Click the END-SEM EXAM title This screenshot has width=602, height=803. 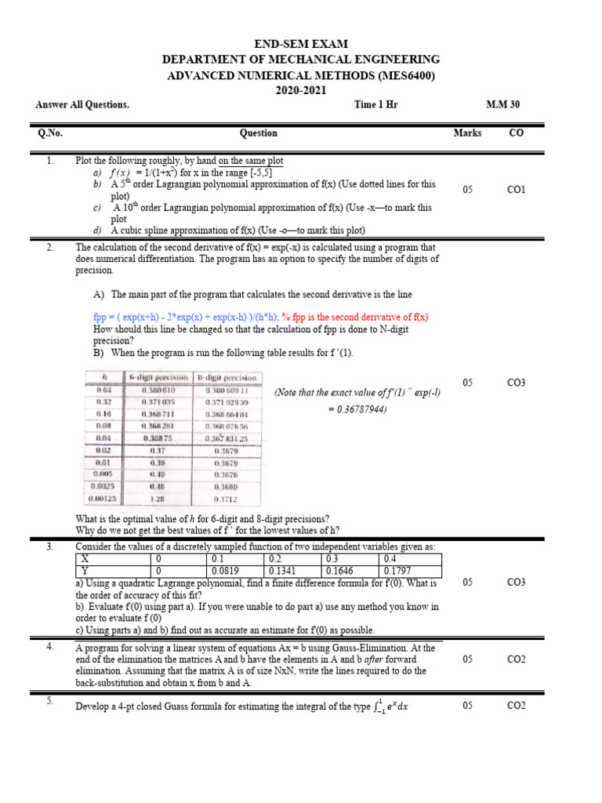coord(301,44)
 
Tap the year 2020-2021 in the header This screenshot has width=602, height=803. coord(301,91)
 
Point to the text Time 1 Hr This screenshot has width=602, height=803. coord(376,105)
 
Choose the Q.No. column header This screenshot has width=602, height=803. coord(49,133)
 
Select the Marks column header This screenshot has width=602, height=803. coord(467,133)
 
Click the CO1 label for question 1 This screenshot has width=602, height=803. coord(517,190)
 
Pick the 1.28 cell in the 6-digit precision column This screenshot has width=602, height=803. coord(158,498)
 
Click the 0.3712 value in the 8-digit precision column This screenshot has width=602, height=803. coord(227,498)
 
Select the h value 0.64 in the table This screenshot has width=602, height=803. coord(104,390)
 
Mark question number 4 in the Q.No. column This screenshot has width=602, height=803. coord(49,647)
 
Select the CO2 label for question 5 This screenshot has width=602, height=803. coord(517,705)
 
